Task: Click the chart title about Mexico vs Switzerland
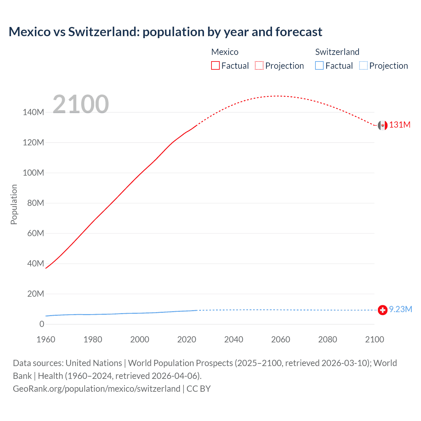click(165, 32)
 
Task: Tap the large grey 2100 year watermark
click(81, 104)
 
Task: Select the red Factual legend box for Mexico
click(215, 66)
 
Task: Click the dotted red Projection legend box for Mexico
click(259, 66)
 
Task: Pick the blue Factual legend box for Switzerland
click(319, 66)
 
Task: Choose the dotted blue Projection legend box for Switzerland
click(363, 66)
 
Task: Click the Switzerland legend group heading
click(337, 52)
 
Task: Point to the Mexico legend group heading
click(225, 52)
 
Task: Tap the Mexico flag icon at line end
click(383, 125)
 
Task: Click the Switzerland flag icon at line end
click(383, 310)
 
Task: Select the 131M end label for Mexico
click(400, 125)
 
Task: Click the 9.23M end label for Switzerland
click(400, 310)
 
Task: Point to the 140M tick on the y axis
click(33, 112)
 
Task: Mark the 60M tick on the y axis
click(35, 234)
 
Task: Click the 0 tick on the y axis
click(42, 324)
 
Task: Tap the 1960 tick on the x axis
click(46, 339)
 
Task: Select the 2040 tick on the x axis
click(234, 339)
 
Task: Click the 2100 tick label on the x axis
click(374, 339)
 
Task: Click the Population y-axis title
click(14, 204)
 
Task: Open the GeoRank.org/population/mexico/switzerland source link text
click(96, 389)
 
